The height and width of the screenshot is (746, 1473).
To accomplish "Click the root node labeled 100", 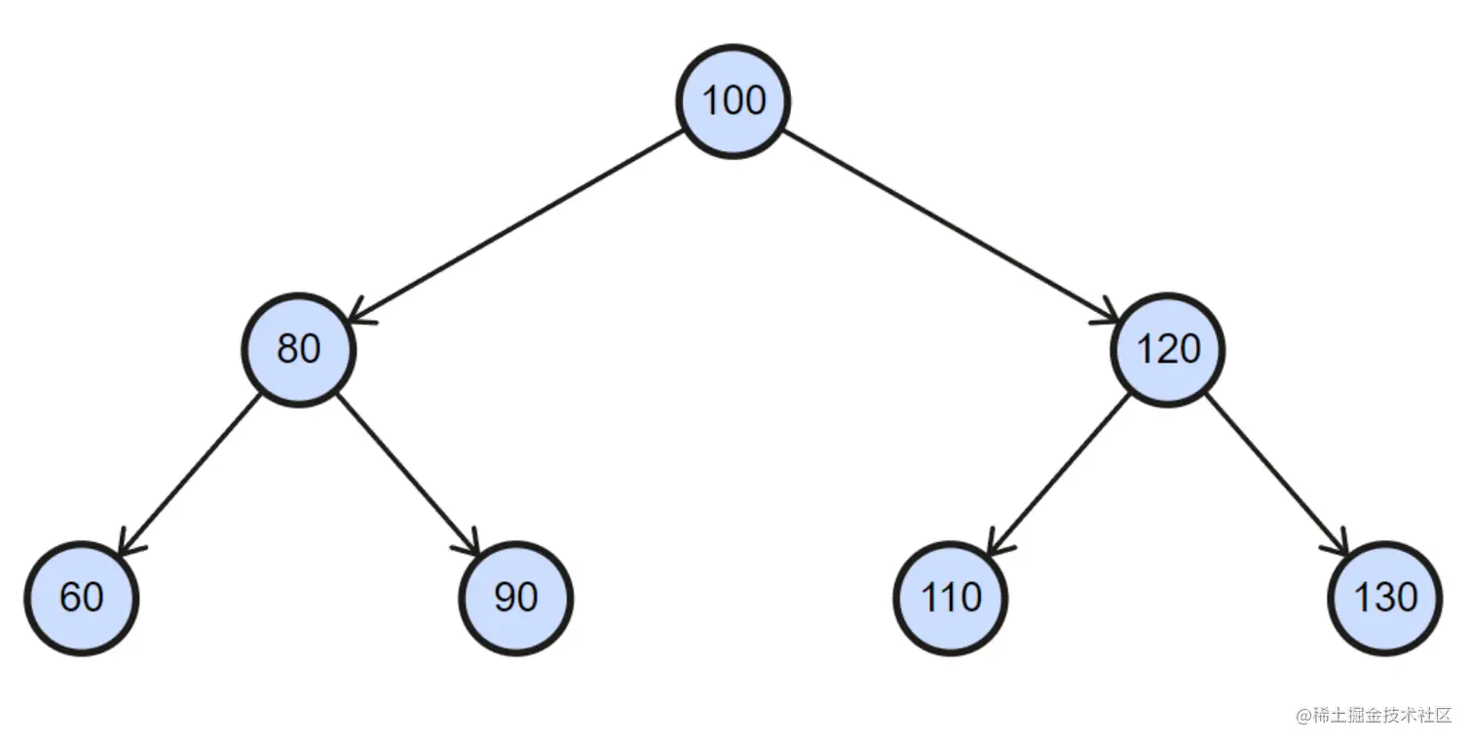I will point(734,100).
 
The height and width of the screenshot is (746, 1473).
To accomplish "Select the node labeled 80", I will point(298,349).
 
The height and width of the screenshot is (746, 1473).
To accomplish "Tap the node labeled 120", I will point(1167,349).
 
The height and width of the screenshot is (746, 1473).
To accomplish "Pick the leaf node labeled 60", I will point(81,597).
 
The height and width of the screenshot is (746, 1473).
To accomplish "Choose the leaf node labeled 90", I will point(515,597).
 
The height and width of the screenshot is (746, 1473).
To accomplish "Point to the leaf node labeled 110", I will point(950,597).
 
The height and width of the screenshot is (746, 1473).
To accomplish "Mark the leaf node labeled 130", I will point(1384,597).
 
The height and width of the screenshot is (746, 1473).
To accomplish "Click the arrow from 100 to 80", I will point(516,225).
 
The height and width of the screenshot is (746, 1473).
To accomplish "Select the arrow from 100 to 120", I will point(950,225).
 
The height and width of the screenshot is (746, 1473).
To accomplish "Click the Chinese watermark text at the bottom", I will point(1373,715).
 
